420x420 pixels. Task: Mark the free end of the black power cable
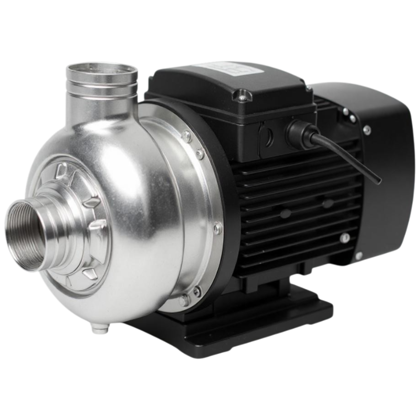point(379,182)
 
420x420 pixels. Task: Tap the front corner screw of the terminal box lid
point(241,96)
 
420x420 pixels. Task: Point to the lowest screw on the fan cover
point(359,256)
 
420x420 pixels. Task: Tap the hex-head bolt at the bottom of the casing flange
point(184,300)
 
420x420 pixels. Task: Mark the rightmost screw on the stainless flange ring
point(217,227)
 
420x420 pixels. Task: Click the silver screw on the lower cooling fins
point(345,237)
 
